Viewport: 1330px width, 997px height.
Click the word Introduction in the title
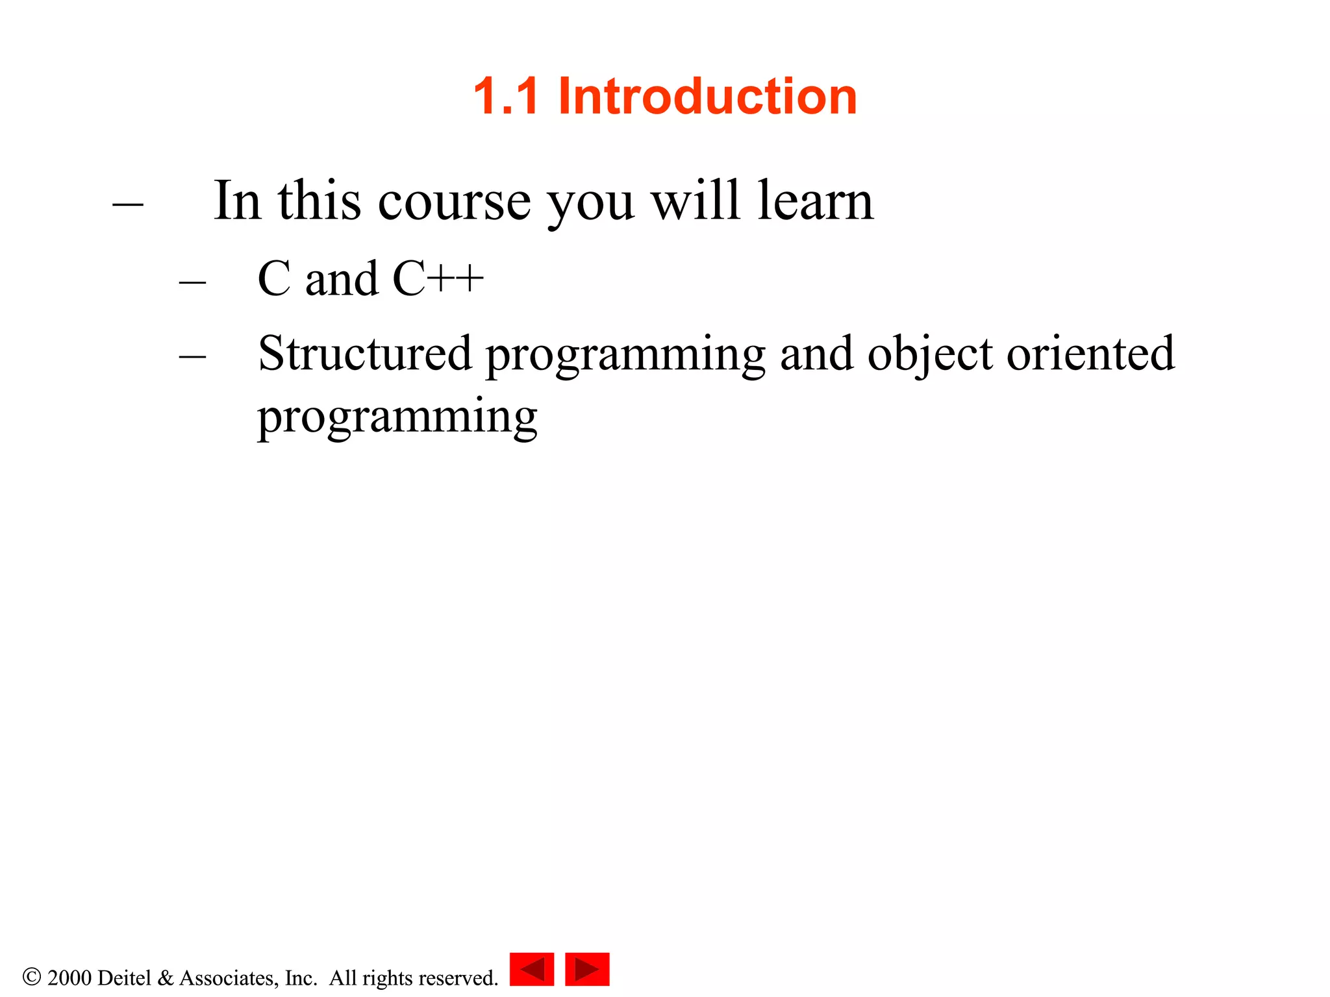pyautogui.click(x=707, y=96)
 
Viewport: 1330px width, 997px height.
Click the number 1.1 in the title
pyautogui.click(x=506, y=96)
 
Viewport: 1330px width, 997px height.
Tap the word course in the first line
pyautogui.click(x=454, y=202)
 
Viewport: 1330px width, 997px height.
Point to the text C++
pyautogui.click(x=438, y=279)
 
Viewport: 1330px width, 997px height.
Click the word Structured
pyautogui.click(x=364, y=354)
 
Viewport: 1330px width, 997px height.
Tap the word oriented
pyautogui.click(x=1090, y=354)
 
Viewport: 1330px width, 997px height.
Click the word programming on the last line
pyautogui.click(x=397, y=417)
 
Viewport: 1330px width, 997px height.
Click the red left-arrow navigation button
pyautogui.click(x=532, y=969)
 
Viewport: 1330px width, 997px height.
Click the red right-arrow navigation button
pyautogui.click(x=587, y=969)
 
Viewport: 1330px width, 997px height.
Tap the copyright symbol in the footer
pyautogui.click(x=31, y=977)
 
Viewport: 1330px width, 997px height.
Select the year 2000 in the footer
pyautogui.click(x=69, y=978)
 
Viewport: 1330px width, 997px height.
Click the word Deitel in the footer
pyautogui.click(x=125, y=978)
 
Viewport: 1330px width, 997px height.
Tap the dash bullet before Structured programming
pyautogui.click(x=192, y=356)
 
